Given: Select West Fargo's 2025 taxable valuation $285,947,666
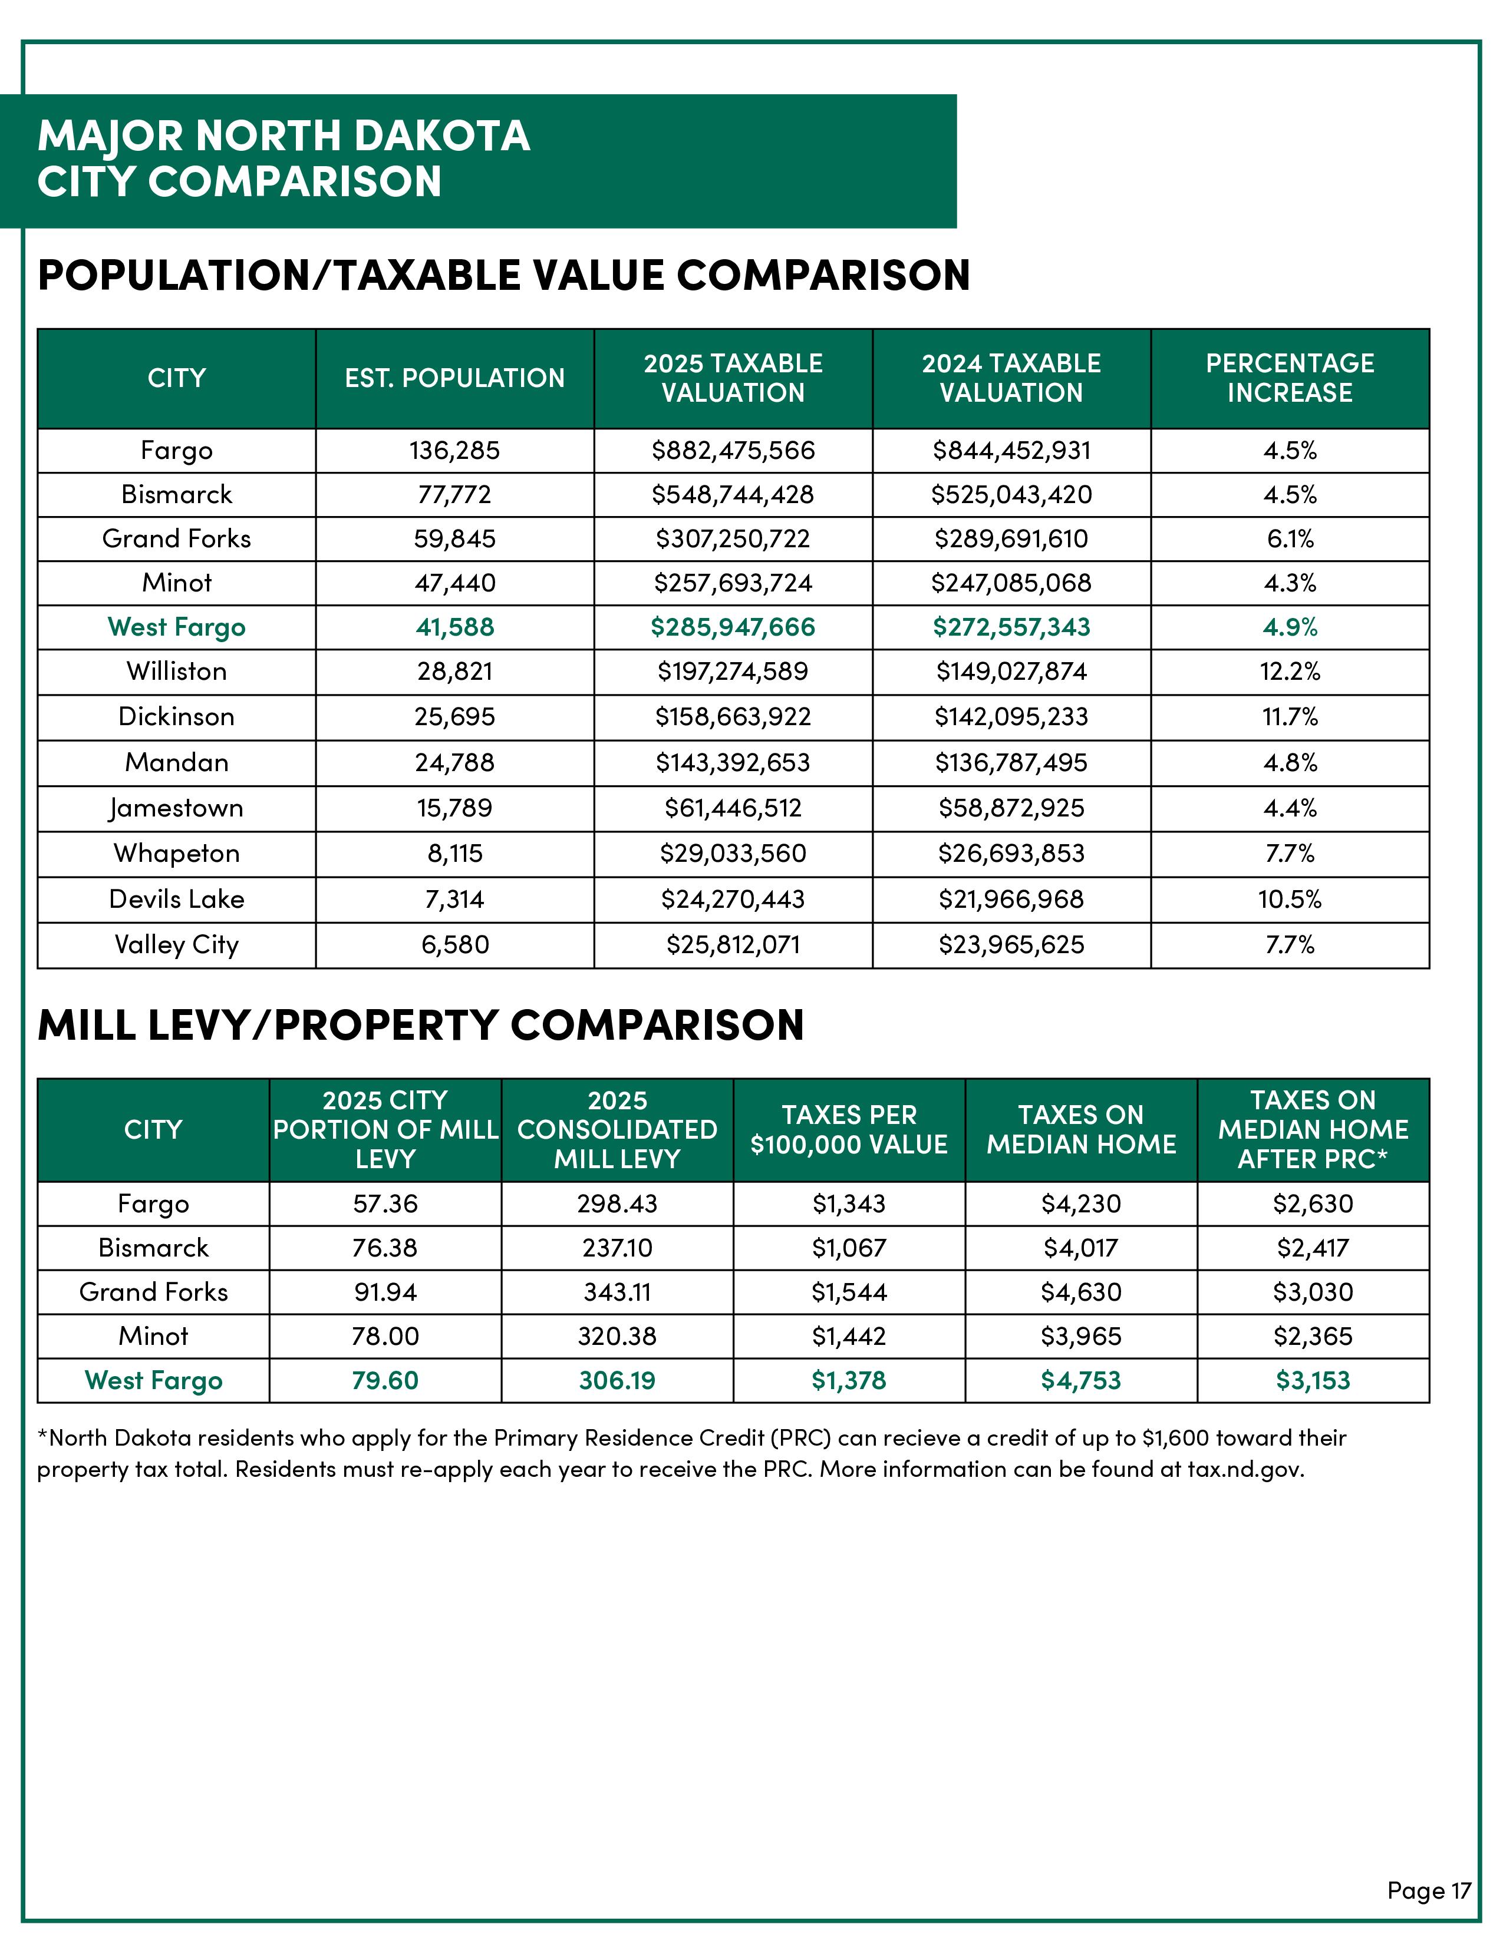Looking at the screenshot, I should (x=733, y=627).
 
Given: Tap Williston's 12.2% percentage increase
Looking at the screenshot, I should (x=1289, y=671).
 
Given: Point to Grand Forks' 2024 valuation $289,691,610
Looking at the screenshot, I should (x=1011, y=538).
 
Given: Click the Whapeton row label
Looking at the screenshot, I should (x=176, y=854).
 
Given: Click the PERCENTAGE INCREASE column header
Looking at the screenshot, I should (x=1289, y=378).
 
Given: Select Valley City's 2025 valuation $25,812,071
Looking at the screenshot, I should (x=733, y=944).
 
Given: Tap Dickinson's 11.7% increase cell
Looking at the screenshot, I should (x=1289, y=716).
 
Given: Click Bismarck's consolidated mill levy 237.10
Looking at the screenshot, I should (x=617, y=1248).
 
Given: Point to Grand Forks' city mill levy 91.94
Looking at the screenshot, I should (x=385, y=1292).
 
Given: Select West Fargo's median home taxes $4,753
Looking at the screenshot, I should (x=1081, y=1381).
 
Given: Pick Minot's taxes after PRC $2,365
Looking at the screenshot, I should (x=1313, y=1336).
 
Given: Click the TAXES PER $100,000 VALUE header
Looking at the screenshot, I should (x=849, y=1129).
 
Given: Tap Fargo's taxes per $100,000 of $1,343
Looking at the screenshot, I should (x=849, y=1204).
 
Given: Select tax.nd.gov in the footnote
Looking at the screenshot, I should (x=1244, y=1470).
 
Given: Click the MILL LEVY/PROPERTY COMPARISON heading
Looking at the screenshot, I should (x=420, y=1026).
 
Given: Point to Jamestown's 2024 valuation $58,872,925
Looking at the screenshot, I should (x=1011, y=808).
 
